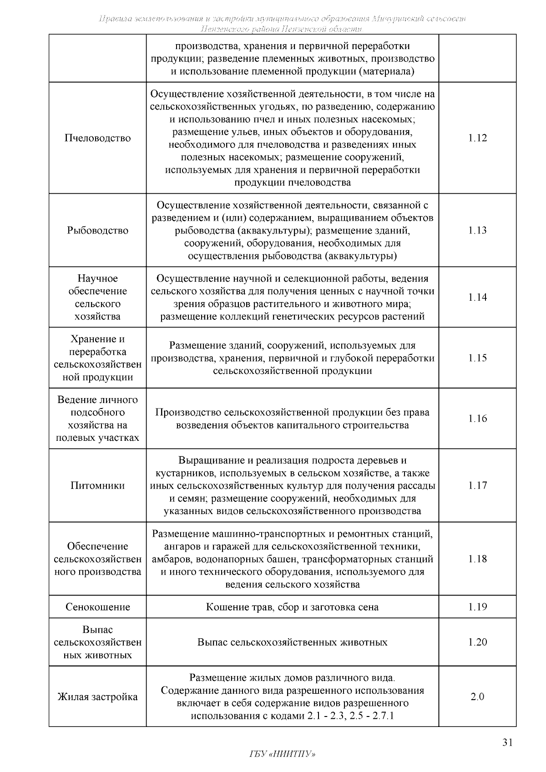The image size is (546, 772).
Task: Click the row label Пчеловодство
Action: [x=97, y=138]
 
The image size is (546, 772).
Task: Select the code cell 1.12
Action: [x=477, y=138]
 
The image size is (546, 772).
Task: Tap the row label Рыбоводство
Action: [x=97, y=231]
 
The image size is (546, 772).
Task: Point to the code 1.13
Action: [x=477, y=231]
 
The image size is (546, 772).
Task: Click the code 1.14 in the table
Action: [x=477, y=298]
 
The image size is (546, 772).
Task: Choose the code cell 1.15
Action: [x=477, y=358]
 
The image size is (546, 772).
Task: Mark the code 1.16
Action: [x=477, y=419]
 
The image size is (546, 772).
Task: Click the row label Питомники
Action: [x=97, y=486]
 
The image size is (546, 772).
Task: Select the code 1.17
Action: [x=477, y=486]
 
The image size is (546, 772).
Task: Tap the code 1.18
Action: [x=477, y=559]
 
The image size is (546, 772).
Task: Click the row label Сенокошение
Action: [x=97, y=607]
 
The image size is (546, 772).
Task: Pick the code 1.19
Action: [x=477, y=607]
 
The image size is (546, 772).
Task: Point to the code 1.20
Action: [x=477, y=642]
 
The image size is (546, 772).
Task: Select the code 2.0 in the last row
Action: [x=477, y=697]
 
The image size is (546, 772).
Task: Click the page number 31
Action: [x=507, y=743]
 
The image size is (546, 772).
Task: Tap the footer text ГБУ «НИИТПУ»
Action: [x=282, y=754]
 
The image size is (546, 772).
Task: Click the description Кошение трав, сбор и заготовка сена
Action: [x=292, y=607]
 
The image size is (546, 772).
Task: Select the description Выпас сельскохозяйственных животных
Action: [x=292, y=642]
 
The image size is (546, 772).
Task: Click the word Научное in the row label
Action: [x=97, y=278]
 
